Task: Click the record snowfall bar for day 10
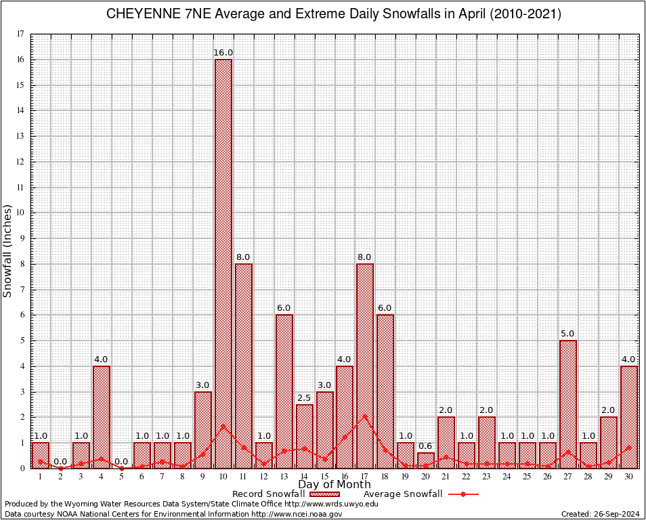coord(223,263)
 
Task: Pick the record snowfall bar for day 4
coord(101,416)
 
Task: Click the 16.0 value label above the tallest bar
coord(223,52)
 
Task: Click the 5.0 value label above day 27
coord(568,333)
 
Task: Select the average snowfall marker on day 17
coord(365,416)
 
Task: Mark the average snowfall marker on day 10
coord(223,426)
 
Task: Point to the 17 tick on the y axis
coord(20,34)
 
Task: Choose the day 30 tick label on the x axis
coord(629,477)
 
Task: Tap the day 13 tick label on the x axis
coord(284,477)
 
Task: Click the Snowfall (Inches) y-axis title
coord(8,251)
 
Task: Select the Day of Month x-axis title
coord(334,485)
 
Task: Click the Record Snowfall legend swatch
coord(324,494)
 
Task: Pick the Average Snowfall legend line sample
coord(462,494)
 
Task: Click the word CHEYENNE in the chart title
coord(142,14)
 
